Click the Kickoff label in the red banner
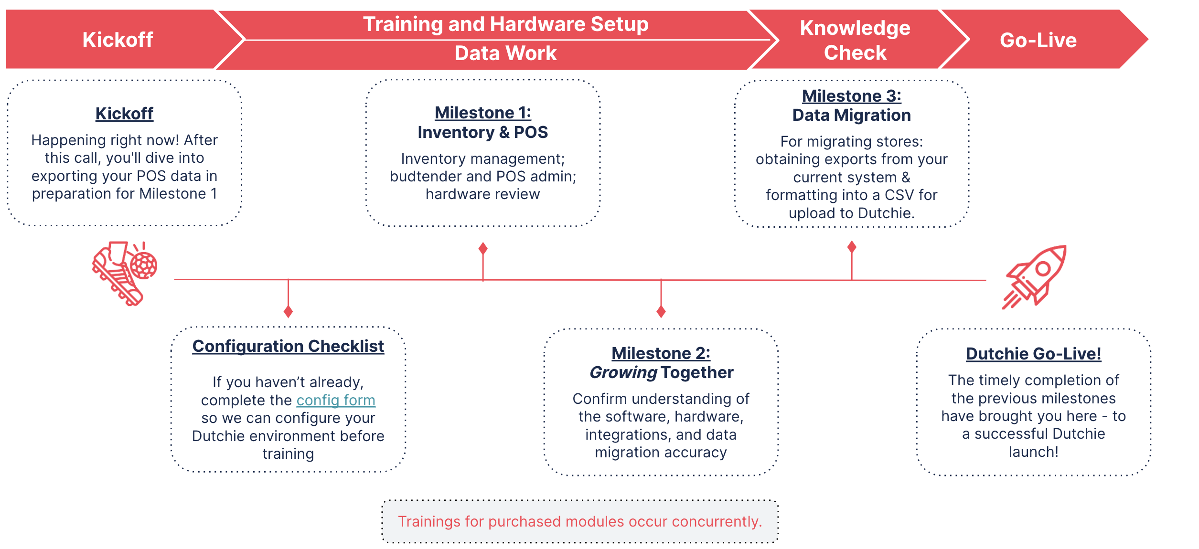click(118, 40)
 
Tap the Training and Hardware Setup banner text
click(505, 24)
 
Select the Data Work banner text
click(505, 53)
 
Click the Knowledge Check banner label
click(855, 40)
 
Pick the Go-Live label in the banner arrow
click(1038, 40)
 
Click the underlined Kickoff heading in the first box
click(124, 114)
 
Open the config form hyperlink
click(336, 400)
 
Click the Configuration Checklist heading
click(288, 346)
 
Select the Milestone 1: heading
click(482, 113)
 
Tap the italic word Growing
click(623, 372)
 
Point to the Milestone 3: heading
click(851, 96)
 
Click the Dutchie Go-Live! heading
click(1033, 354)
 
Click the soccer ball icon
click(144, 265)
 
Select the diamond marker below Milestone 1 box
click(483, 248)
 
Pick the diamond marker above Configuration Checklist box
click(288, 312)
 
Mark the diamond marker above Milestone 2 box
click(661, 312)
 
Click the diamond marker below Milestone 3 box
click(852, 247)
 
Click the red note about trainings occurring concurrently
click(579, 521)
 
